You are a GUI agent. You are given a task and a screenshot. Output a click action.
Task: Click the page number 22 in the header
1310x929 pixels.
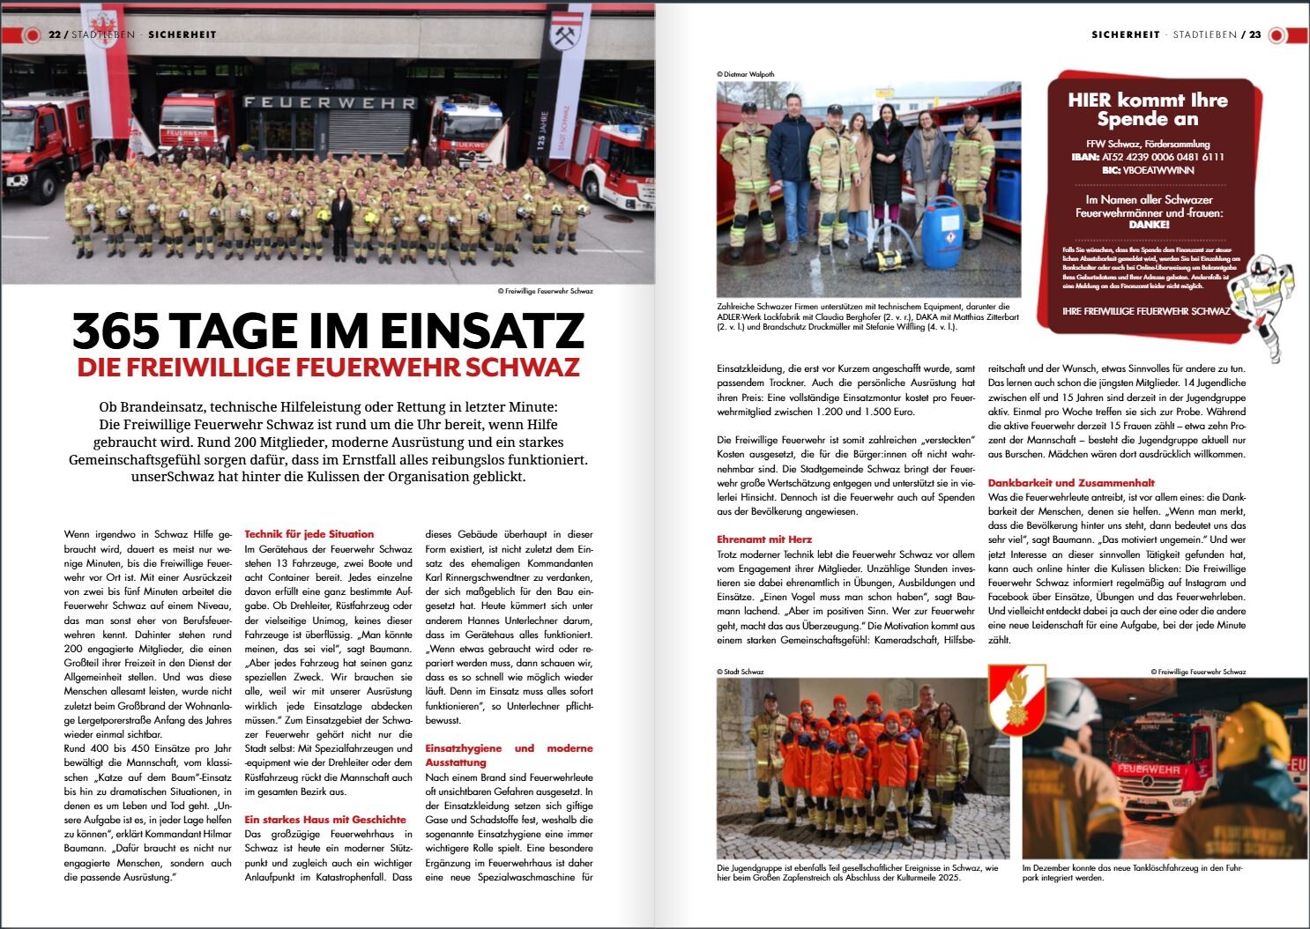[x=54, y=34]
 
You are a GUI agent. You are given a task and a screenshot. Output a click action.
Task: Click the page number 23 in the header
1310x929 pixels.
[x=1254, y=34]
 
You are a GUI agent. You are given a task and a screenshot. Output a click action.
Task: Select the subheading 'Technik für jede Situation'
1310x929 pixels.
[x=309, y=534]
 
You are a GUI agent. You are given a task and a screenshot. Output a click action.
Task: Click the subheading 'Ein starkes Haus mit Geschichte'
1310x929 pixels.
[x=325, y=820]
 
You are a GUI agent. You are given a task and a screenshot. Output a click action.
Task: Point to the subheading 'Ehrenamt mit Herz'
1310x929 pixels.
[x=764, y=539]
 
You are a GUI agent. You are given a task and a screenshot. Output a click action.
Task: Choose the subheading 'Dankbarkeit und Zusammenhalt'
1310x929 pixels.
[x=1071, y=483]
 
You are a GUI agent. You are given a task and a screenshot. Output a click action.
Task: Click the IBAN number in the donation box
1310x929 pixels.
[x=1163, y=157]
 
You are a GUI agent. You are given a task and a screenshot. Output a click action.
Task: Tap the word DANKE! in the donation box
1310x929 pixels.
[x=1149, y=225]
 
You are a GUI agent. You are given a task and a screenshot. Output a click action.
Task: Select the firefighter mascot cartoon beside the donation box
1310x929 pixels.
[x=1261, y=304]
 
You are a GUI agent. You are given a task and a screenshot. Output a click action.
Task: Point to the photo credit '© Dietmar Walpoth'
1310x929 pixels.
[x=746, y=75]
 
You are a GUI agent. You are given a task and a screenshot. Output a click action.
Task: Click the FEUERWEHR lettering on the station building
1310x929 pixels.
[x=330, y=102]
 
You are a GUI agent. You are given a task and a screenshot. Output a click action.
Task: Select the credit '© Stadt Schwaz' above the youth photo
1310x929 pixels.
[x=741, y=672]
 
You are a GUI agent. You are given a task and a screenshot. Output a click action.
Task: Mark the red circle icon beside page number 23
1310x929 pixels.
[x=1277, y=34]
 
